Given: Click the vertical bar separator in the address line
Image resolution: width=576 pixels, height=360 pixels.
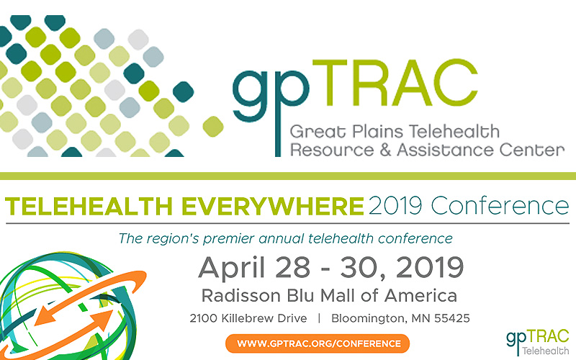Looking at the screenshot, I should point(319,318).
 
